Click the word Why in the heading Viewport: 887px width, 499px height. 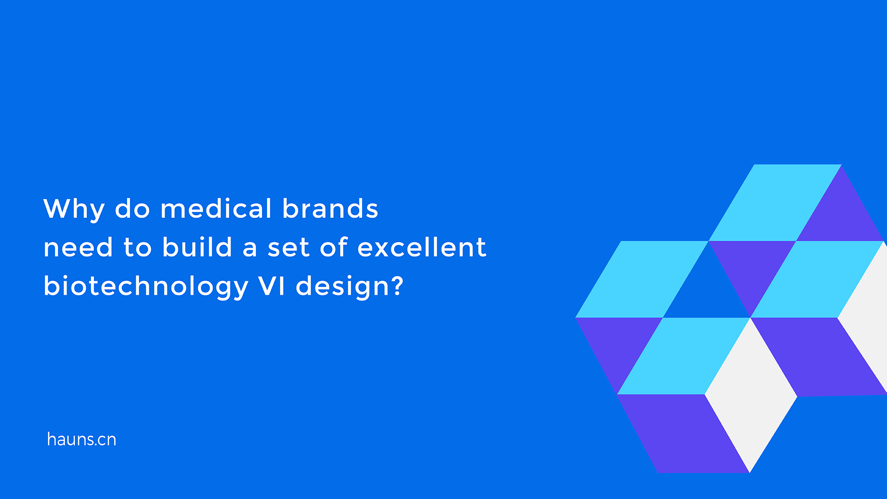pos(73,209)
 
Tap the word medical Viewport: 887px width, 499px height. pos(216,209)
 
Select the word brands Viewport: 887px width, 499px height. pos(330,209)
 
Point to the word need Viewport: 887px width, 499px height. pos(78,248)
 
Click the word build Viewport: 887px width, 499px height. pos(197,247)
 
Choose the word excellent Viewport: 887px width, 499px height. pos(422,248)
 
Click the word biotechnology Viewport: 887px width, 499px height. pos(146,286)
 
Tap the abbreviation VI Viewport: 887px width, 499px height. pos(272,286)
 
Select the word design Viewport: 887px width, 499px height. pos(342,286)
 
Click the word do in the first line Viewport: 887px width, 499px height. pos(132,209)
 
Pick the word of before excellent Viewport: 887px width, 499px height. pos(334,247)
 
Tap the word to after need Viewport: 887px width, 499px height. pos(137,248)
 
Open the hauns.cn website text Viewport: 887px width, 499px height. pos(81,439)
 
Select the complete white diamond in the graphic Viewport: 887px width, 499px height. pos(751,395)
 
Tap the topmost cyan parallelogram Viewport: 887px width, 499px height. pos(775,202)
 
